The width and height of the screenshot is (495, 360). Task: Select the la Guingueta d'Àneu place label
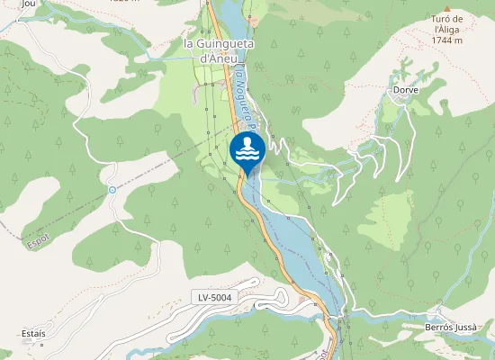(x=218, y=50)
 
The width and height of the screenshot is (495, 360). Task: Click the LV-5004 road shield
(x=217, y=296)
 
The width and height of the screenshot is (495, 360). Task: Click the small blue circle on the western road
(x=112, y=190)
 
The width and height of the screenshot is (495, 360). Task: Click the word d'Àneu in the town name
(x=218, y=58)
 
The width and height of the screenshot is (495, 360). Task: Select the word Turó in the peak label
(x=438, y=18)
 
